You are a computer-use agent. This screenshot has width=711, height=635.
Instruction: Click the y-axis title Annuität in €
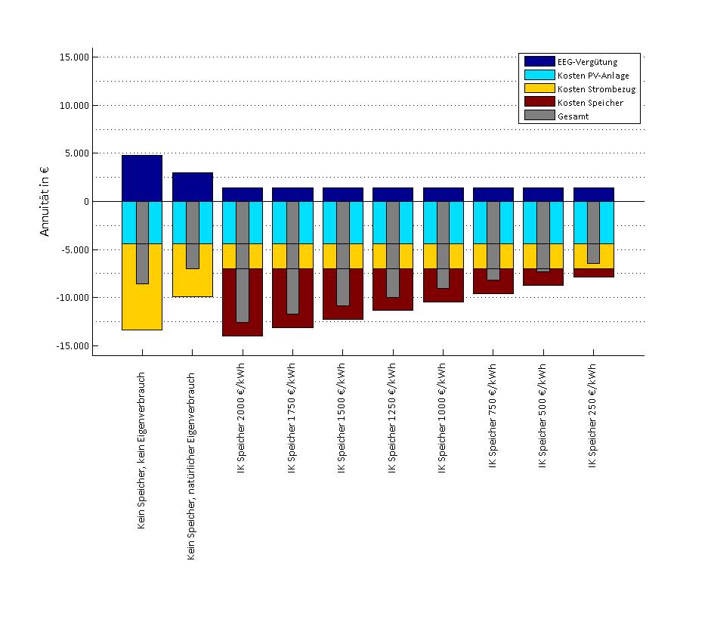45,202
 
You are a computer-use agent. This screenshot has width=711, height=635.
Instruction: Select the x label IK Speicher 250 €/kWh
594,416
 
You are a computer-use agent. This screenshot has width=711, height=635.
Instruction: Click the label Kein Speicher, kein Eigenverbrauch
142,450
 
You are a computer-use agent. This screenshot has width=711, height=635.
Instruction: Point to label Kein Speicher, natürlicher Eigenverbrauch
192,466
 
